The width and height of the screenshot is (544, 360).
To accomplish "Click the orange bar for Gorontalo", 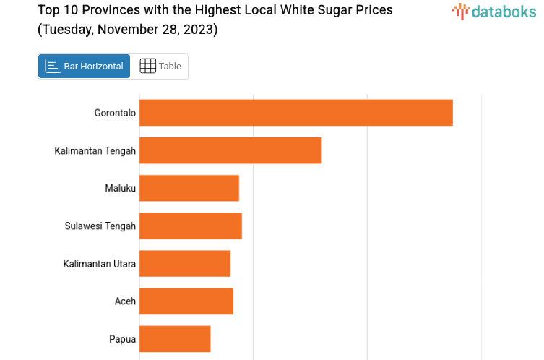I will [295, 113].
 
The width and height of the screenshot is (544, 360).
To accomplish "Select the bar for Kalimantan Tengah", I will [230, 150].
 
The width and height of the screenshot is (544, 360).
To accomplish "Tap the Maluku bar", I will [189, 188].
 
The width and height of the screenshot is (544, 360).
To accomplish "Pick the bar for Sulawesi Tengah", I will [190, 226].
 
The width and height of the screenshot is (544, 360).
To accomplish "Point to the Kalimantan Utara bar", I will [184, 263].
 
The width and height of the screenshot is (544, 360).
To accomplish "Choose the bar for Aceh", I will [186, 301].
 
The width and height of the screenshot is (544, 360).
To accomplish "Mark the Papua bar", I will [174, 338].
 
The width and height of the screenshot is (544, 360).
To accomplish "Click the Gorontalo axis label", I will [115, 113].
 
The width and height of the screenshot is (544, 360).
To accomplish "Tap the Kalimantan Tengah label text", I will [95, 150].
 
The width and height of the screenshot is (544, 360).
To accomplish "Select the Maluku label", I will [120, 188].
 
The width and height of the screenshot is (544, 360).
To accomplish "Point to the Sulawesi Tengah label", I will [100, 226].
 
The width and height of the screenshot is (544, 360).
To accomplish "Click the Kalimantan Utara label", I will [99, 264].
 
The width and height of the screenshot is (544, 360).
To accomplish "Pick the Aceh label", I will [125, 301].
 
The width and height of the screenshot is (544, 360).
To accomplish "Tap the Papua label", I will [122, 339].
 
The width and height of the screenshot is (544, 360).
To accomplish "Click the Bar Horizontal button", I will [85, 67].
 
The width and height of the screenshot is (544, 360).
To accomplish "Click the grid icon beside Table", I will [147, 67].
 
